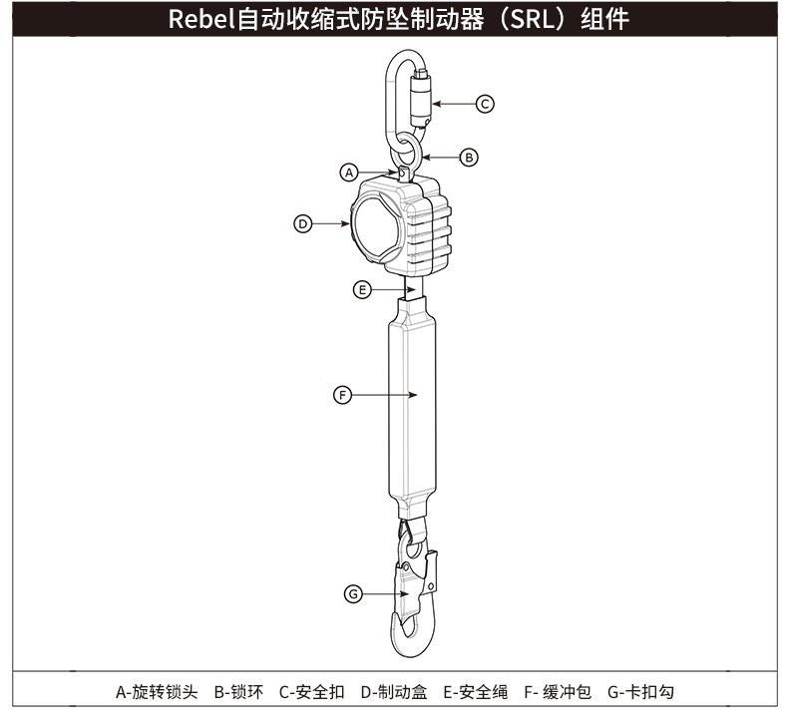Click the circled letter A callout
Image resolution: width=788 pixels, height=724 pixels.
pos(349,173)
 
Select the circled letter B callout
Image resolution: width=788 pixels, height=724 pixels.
pos(470,157)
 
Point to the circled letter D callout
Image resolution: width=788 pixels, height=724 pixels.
pos(303,223)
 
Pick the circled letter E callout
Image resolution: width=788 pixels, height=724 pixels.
pos(363,289)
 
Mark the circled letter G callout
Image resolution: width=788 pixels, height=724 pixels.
pos(352,593)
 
